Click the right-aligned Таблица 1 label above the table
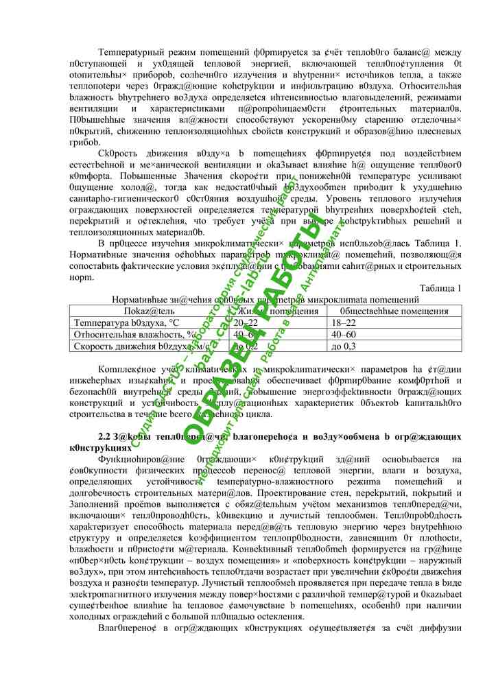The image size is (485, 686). point(440,287)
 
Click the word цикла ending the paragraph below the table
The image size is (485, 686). point(257,414)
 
